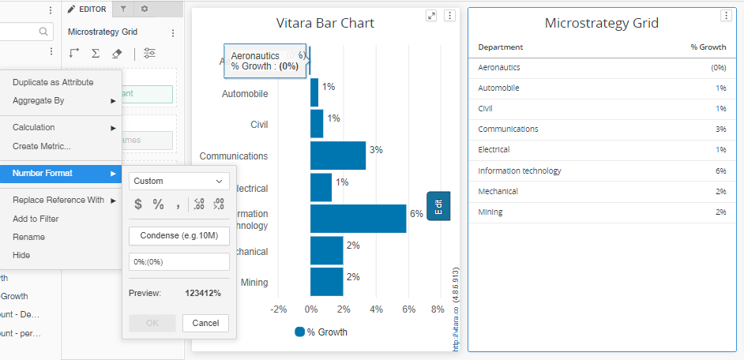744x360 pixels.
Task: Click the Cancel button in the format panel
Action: (205, 323)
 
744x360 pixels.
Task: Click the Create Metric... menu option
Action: (42, 146)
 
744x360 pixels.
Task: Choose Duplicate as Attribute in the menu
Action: (53, 82)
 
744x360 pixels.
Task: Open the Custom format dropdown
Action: (179, 181)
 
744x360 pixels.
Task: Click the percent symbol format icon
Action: (158, 204)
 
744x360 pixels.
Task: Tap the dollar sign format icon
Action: (138, 204)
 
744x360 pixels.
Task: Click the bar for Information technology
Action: (358, 219)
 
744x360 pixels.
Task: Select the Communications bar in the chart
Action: (338, 156)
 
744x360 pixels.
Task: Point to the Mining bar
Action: (326, 282)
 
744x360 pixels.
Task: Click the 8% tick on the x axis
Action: (438, 309)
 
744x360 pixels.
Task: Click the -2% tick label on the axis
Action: (279, 309)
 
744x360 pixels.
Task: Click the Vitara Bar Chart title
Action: (325, 23)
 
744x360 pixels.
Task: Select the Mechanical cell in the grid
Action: (498, 191)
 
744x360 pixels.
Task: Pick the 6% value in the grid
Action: (720, 171)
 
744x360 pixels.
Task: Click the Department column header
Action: (501, 47)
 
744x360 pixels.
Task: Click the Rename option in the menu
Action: (28, 237)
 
